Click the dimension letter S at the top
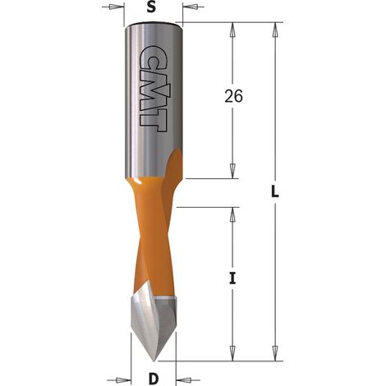[x=151, y=7]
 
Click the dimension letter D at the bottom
[x=154, y=379]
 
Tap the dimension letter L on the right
[x=275, y=192]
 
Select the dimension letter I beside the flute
[x=232, y=278]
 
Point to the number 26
[x=233, y=96]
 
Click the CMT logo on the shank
[x=154, y=88]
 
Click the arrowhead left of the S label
[x=117, y=7]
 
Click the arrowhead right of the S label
[x=191, y=7]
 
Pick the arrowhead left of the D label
[x=123, y=380]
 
